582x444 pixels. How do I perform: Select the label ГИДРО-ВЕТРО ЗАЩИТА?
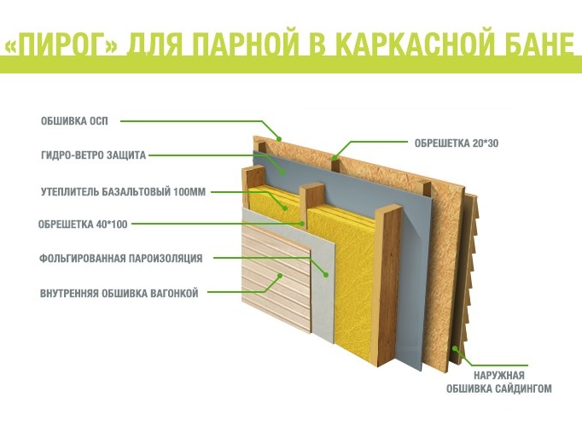[x=93, y=155]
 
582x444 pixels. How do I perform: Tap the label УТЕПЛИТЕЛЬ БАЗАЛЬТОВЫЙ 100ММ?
[x=123, y=191]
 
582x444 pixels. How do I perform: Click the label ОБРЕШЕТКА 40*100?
[x=83, y=225]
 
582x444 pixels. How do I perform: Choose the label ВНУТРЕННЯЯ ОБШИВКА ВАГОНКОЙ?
[x=119, y=293]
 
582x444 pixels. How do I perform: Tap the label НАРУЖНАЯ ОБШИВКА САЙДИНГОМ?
[x=499, y=382]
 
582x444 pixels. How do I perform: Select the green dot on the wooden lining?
[x=282, y=276]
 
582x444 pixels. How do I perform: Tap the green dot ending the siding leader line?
[x=456, y=348]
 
